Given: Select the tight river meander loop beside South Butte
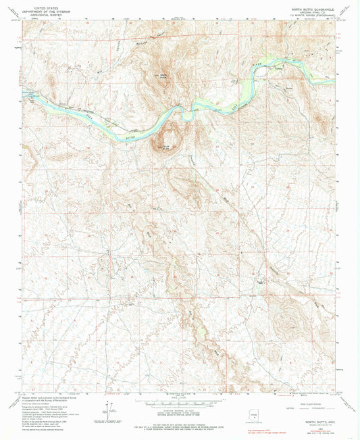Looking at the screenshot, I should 184,114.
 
